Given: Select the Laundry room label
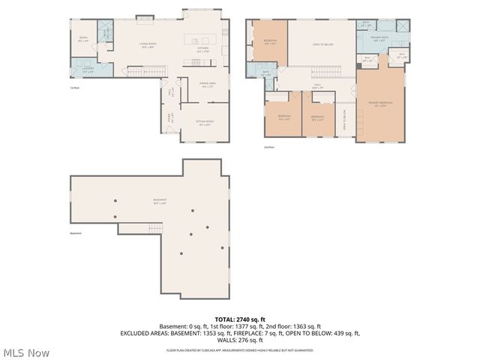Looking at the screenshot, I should (87, 70).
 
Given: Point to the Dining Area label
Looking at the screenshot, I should (208, 85).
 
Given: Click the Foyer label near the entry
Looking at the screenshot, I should (169, 118).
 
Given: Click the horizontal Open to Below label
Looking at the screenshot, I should (322, 44).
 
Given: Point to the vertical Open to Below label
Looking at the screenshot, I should (343, 119).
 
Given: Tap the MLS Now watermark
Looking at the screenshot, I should (26, 352).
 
